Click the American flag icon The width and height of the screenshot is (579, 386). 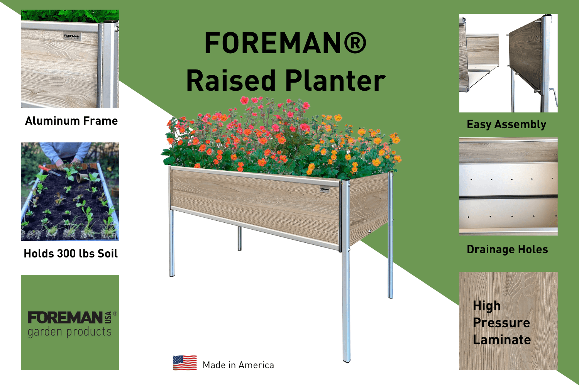click(x=185, y=363)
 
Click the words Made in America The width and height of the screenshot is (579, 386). click(x=238, y=365)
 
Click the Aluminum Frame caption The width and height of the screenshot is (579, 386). click(x=71, y=121)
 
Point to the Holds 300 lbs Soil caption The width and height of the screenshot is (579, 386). click(x=71, y=254)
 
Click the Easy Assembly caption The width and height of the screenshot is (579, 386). click(x=506, y=124)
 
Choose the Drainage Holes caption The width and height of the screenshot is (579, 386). click(x=507, y=249)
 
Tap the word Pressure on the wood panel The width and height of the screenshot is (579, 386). click(x=501, y=323)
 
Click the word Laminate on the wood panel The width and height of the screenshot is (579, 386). click(x=502, y=340)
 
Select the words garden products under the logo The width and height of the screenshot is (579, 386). click(x=69, y=332)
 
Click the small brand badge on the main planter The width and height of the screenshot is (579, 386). click(x=324, y=189)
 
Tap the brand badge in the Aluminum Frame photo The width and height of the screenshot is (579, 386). click(x=72, y=37)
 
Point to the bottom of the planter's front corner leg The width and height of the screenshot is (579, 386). click(x=346, y=360)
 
